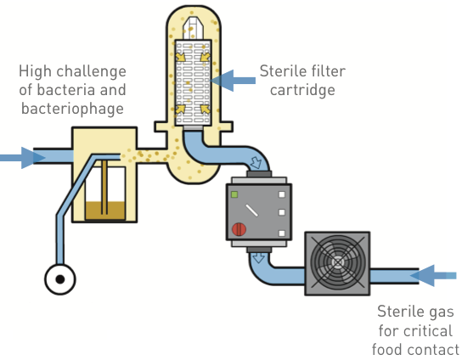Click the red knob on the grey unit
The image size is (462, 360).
(x=239, y=229)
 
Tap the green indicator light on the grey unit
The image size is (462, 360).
(x=234, y=194)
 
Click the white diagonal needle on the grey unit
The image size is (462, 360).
(x=251, y=211)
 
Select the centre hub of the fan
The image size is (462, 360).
(x=337, y=262)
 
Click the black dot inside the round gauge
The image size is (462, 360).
(x=60, y=279)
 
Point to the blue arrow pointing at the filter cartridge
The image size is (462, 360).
(x=233, y=81)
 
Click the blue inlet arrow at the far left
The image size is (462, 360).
(x=22, y=158)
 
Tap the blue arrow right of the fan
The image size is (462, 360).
(x=433, y=275)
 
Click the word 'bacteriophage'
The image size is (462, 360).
(x=72, y=109)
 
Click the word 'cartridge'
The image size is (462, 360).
(x=302, y=90)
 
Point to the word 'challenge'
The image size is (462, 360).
(x=92, y=71)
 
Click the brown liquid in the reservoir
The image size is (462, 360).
(x=105, y=211)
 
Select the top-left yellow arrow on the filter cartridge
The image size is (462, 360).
(x=181, y=56)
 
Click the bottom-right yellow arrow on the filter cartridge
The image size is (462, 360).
(x=206, y=109)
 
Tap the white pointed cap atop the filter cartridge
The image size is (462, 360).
(x=193, y=28)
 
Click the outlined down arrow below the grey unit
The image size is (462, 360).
(x=259, y=258)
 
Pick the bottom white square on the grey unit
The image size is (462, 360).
(x=282, y=233)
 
